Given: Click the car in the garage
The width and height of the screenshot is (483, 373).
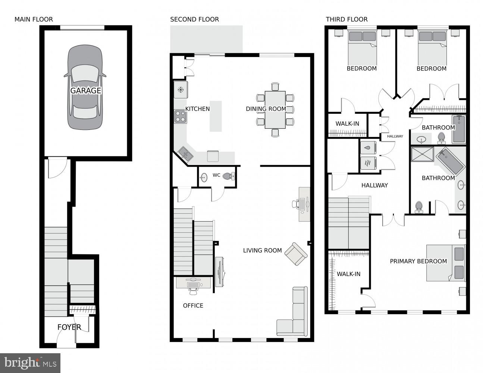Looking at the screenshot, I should (x=85, y=87).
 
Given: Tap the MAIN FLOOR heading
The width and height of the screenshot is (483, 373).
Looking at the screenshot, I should (x=34, y=19).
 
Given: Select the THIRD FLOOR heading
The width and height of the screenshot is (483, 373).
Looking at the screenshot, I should (x=346, y=19).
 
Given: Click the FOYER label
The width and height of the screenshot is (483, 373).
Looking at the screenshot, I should (x=69, y=327).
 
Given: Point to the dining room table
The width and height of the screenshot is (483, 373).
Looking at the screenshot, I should (x=275, y=110).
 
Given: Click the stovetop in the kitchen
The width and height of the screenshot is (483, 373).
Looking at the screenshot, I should (x=181, y=116).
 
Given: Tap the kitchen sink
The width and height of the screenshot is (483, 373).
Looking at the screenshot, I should (x=185, y=153).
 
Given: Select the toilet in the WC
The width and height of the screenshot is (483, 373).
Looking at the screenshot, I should (x=228, y=176).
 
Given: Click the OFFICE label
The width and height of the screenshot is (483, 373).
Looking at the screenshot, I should (x=193, y=305).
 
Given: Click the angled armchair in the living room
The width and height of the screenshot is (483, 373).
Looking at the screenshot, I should (x=296, y=254).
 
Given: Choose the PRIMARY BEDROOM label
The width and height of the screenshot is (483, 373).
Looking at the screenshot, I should (x=418, y=261).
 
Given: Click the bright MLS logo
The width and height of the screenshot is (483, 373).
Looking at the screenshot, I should (x=30, y=363).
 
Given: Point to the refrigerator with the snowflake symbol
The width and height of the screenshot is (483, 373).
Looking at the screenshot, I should (x=181, y=90).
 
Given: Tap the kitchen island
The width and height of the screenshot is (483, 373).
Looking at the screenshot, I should (x=216, y=116).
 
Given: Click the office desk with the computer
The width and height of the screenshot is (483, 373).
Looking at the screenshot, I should (x=193, y=282).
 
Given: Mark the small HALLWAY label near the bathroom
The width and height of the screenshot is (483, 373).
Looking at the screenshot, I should (x=395, y=136).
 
